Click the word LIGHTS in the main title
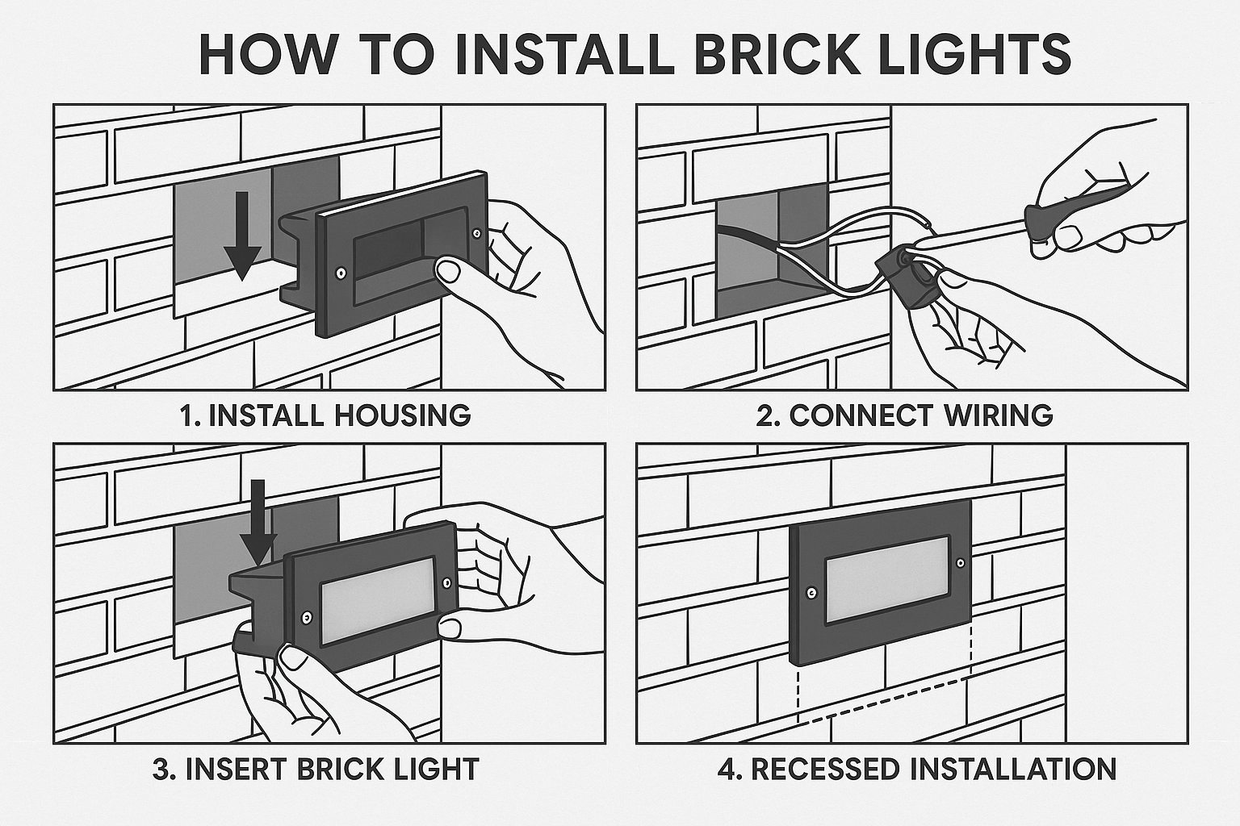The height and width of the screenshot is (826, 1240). (x=975, y=55)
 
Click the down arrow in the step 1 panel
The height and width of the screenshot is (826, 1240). (x=242, y=235)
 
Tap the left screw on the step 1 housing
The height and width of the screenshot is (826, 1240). (x=341, y=273)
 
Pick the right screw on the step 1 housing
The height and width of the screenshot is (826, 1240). (x=478, y=233)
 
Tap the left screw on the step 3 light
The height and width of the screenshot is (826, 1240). (x=305, y=617)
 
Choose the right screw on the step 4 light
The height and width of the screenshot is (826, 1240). (x=960, y=562)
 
